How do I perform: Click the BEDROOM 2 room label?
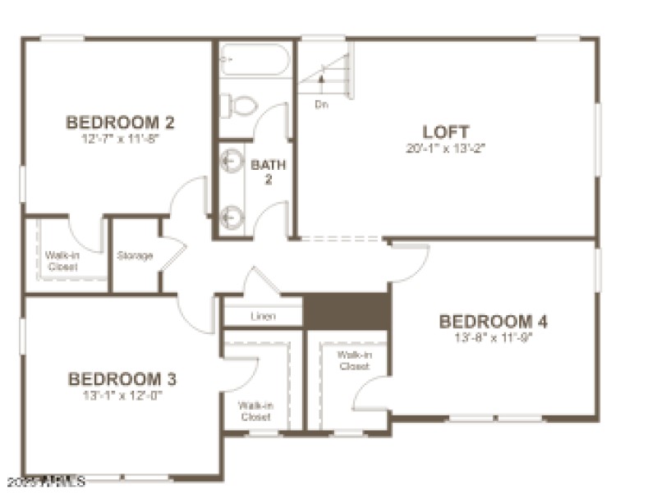point(120,123)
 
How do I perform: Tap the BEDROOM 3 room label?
point(122,379)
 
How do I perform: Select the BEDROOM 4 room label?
point(493,321)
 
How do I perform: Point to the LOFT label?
point(446,131)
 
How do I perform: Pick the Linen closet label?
point(263,316)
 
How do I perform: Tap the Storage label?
point(135,256)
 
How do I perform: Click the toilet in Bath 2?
point(238,105)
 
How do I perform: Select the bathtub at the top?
point(253,60)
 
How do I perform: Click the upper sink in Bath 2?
point(232,158)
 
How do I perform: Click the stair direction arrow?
point(323,82)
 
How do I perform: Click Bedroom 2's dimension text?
point(120,140)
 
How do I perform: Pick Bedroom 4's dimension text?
point(493,337)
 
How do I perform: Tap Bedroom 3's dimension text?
point(122,396)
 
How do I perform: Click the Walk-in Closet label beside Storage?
point(62,261)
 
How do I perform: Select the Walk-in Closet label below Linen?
point(255,410)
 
